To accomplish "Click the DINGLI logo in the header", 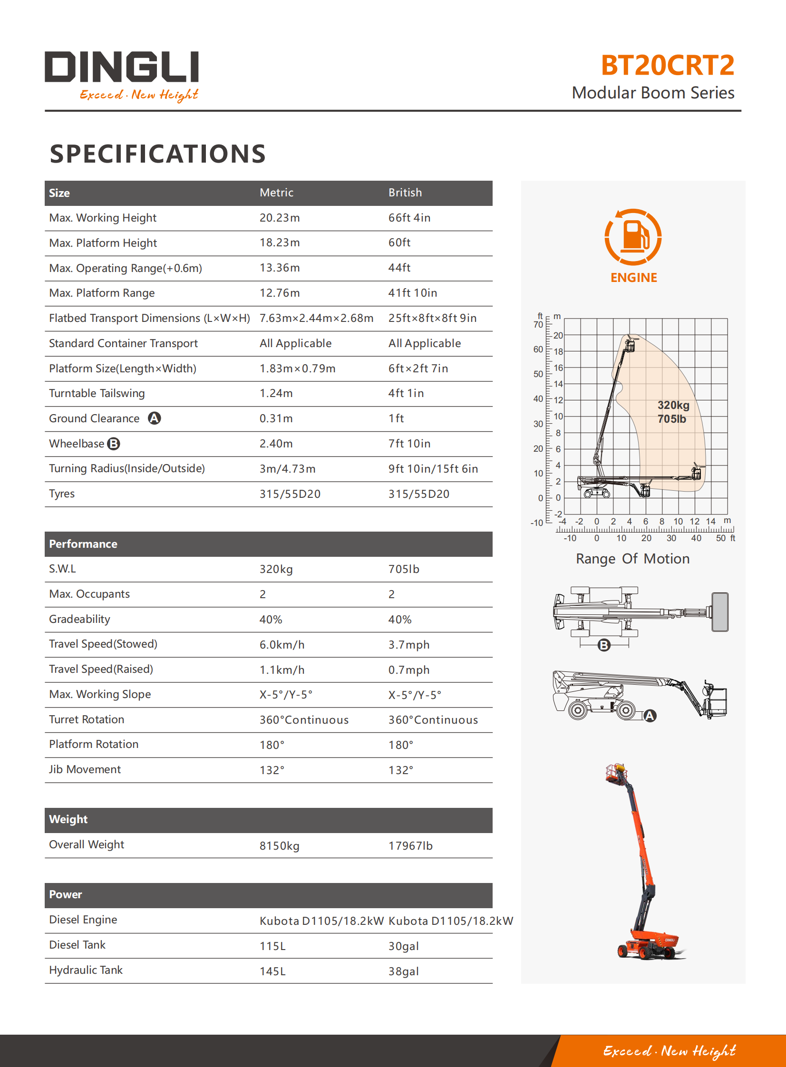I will coord(122,67).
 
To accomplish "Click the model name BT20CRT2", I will coord(667,65).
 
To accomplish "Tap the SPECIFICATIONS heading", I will coord(157,154).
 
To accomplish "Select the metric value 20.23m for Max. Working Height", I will coord(279,218).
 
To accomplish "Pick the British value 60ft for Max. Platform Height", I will coord(399,242).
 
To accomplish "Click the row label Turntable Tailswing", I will coord(97,393).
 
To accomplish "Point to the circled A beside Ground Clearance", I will coord(154,418).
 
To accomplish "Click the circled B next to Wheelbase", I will coord(114,444).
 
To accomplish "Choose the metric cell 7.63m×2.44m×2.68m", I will coord(316,318).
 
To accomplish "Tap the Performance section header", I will coord(83,544).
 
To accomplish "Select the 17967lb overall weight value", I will coord(410,846).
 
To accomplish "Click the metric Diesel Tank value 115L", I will coord(272,946).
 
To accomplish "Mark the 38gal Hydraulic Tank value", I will coord(404,971).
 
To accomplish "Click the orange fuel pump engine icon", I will coord(633,236).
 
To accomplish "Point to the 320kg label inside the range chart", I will coord(673,405).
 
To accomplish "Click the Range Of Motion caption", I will coord(632,559).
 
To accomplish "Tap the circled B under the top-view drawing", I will coord(604,645).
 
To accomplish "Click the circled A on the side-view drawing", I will coord(650,716).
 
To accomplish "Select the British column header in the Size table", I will coord(405,193).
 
